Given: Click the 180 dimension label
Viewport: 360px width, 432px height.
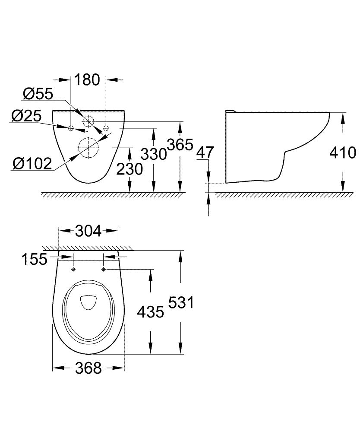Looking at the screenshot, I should click(x=87, y=80).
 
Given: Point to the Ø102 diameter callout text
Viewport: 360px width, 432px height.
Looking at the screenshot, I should click(x=32, y=163).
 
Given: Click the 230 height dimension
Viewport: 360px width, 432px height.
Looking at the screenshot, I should click(x=129, y=169).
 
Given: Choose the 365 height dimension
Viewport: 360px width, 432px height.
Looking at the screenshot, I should click(x=180, y=145).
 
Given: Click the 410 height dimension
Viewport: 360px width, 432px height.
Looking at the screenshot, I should click(x=342, y=152).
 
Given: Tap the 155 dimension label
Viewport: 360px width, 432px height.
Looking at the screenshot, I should click(x=35, y=259).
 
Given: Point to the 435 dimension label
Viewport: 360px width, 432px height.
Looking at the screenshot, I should click(x=150, y=311).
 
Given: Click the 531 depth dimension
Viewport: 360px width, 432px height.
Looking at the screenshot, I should click(x=180, y=302).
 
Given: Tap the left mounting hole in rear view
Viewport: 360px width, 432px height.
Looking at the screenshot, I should click(x=71, y=127).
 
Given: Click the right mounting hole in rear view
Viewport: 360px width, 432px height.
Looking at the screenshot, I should click(x=106, y=127).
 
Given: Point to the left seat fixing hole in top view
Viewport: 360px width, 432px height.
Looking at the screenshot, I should click(x=73, y=269).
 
